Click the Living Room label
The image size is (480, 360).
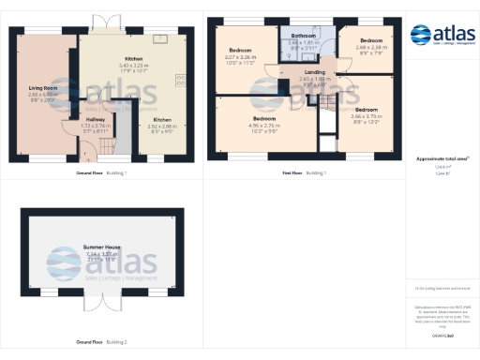43,88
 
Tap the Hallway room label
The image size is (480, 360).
97,119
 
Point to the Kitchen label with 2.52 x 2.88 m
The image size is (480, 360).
162,120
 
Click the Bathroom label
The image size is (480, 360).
304,35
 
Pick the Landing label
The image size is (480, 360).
315,72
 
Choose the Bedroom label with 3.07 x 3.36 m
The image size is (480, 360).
240,52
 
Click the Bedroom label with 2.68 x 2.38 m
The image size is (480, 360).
372,40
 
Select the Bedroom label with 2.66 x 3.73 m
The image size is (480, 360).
366,110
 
